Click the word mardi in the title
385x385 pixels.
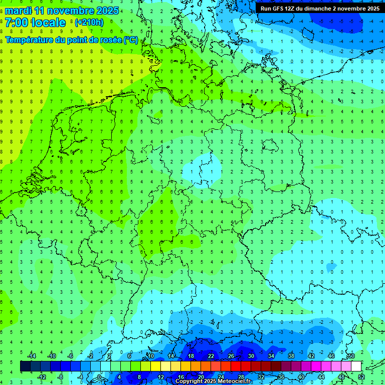[x=18, y=11]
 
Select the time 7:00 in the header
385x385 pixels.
[x=16, y=23]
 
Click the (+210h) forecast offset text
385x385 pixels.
[x=89, y=23]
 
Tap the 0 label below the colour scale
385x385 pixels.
[x=99, y=377]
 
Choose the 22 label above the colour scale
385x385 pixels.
[x=211, y=356]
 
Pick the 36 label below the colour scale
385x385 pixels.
[x=281, y=377]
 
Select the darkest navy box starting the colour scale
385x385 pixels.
[x=25, y=366]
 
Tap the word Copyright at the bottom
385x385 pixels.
[x=190, y=381]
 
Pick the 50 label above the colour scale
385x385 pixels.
[x=351, y=356]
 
